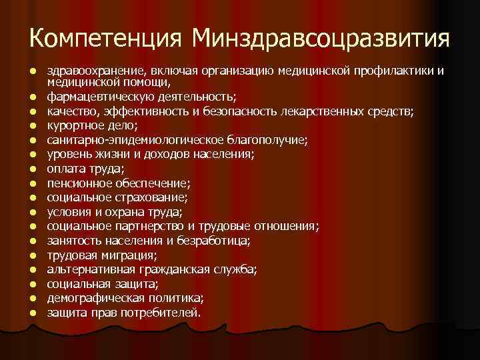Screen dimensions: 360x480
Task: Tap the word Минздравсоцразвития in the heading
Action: tap(319, 39)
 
